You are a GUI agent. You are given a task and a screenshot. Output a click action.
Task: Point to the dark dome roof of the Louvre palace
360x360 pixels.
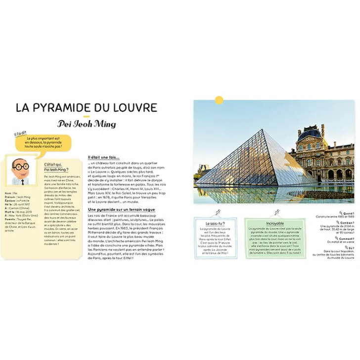[310, 133]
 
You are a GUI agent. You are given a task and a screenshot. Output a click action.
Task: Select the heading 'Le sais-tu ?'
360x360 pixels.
[216, 224]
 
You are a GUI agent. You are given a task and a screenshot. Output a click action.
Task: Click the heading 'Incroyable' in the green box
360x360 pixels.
[275, 224]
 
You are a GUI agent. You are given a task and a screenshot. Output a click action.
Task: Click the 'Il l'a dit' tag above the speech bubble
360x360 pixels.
[20, 133]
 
